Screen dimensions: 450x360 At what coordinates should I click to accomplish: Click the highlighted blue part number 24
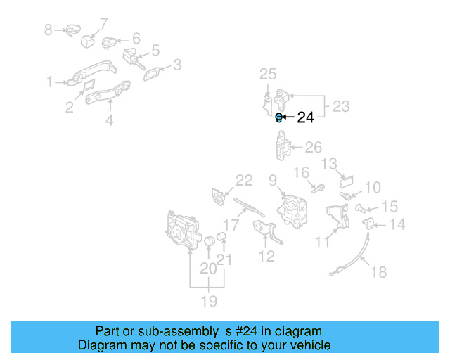pos(278,117)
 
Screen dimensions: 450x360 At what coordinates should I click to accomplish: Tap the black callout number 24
pos(305,117)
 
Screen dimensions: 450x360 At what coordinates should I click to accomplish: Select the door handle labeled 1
pos(92,73)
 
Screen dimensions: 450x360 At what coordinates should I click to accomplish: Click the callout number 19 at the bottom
pos(209,301)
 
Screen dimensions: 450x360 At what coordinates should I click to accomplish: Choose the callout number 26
pos(313,147)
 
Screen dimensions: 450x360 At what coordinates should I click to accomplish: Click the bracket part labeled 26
pos(283,146)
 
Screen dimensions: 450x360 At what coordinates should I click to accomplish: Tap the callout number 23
pos(341,106)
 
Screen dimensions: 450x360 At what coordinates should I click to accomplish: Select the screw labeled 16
pos(319,188)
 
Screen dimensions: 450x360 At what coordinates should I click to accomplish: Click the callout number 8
pos(49,30)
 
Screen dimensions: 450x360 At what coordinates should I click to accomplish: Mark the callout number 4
pos(110,120)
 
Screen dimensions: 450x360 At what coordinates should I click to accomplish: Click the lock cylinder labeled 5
pos(134,58)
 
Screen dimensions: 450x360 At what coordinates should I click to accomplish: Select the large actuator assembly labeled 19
pos(183,230)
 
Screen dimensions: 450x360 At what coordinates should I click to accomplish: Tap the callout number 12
pos(266,257)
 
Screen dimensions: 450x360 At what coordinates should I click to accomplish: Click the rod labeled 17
pos(248,207)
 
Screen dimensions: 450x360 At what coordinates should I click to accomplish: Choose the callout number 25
pos(268,74)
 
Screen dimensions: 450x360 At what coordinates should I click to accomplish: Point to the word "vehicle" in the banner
pos(314,345)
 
